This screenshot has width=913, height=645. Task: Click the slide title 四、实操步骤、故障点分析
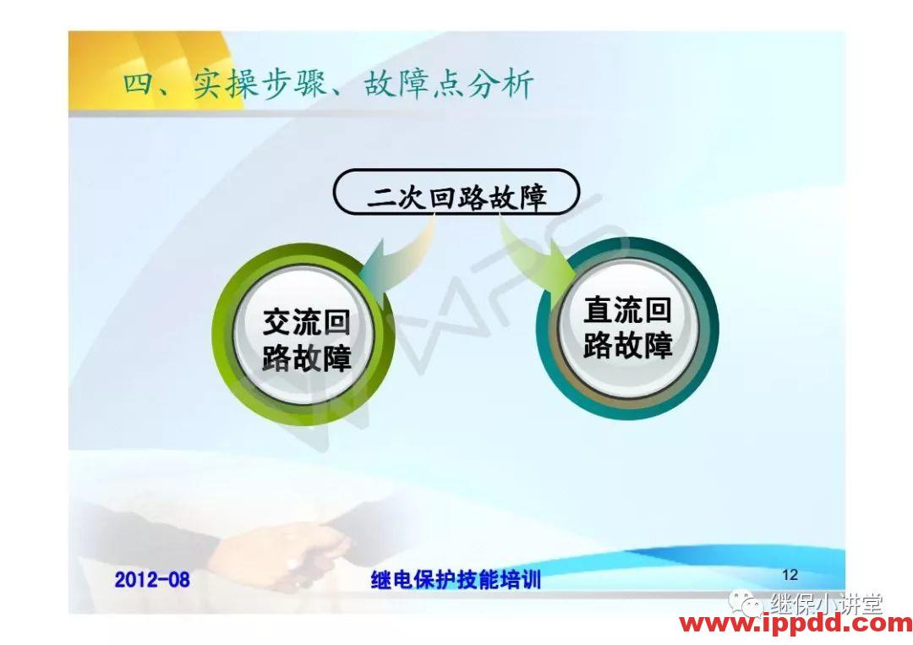pyautogui.click(x=328, y=85)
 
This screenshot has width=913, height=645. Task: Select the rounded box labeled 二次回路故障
pyautogui.click(x=456, y=194)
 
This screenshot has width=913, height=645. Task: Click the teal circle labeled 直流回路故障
pyautogui.click(x=627, y=330)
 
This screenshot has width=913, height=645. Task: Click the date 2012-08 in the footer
pyautogui.click(x=152, y=580)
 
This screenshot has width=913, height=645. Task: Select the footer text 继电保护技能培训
pyautogui.click(x=456, y=580)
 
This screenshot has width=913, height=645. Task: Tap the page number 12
pyautogui.click(x=790, y=575)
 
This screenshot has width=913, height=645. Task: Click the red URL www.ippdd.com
pyautogui.click(x=795, y=624)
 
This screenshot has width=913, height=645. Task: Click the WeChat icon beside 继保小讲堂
pyautogui.click(x=747, y=603)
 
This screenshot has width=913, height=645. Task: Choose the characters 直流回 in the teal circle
pyautogui.click(x=627, y=311)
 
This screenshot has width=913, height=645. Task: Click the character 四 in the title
pyautogui.click(x=138, y=85)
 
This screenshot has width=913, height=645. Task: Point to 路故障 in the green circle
pyautogui.click(x=305, y=358)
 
